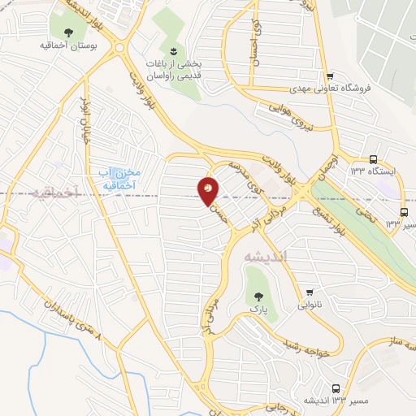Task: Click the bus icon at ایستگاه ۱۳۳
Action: point(373,159)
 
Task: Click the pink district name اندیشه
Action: point(266,256)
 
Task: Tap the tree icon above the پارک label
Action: point(259,297)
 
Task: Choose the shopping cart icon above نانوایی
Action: point(310,292)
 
